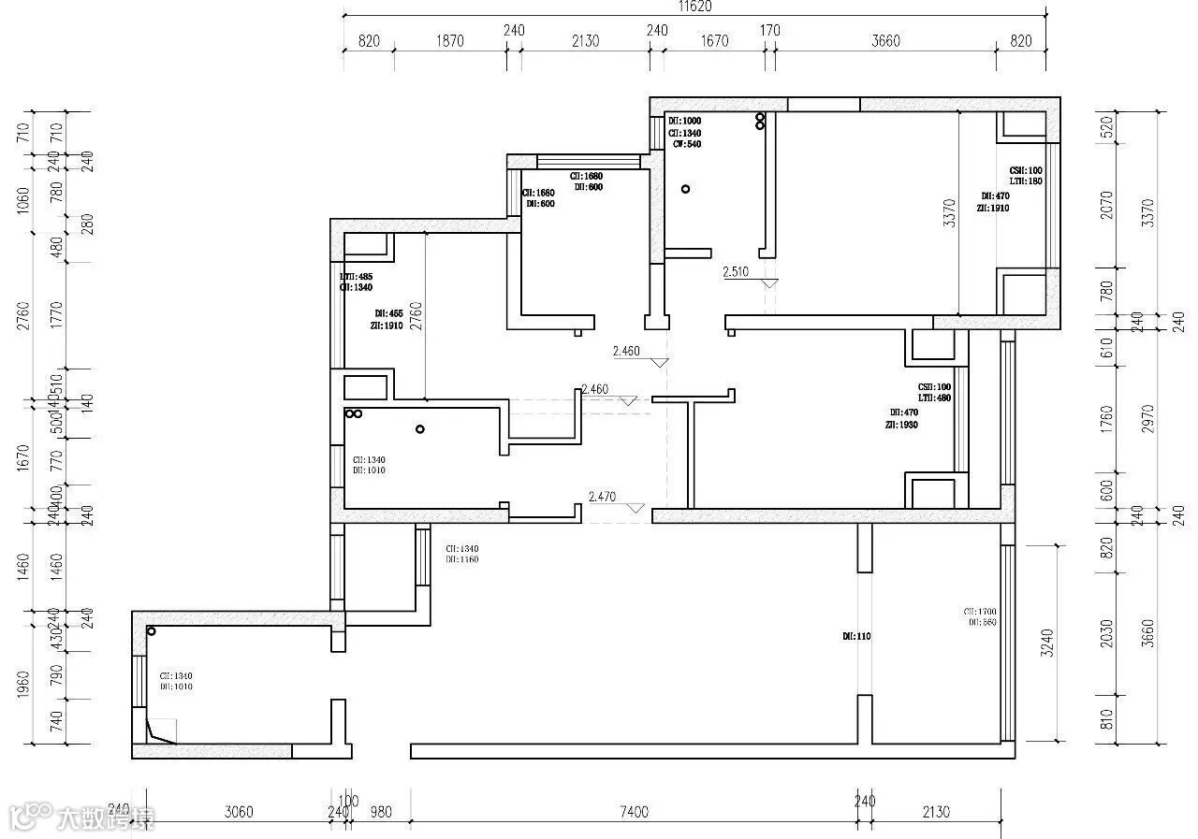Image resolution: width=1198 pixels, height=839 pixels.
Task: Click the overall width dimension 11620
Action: tap(694, 6)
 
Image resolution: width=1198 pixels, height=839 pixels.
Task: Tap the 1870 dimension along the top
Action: tap(449, 41)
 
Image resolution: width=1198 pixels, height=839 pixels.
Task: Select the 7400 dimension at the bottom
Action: tap(634, 812)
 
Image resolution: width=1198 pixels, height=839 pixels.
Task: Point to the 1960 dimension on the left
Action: tap(24, 686)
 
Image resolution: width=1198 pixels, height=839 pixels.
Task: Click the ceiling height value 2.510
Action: tap(735, 273)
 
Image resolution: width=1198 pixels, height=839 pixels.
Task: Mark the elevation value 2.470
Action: tap(601, 498)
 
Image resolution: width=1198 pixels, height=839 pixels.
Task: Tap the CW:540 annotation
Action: tap(686, 144)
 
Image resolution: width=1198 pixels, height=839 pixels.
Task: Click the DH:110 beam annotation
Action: tap(855, 636)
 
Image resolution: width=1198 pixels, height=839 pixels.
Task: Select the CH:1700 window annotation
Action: tap(979, 612)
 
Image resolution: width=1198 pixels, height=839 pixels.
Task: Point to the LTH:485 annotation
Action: tap(356, 277)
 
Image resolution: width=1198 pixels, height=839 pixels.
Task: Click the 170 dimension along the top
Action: tap(769, 31)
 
